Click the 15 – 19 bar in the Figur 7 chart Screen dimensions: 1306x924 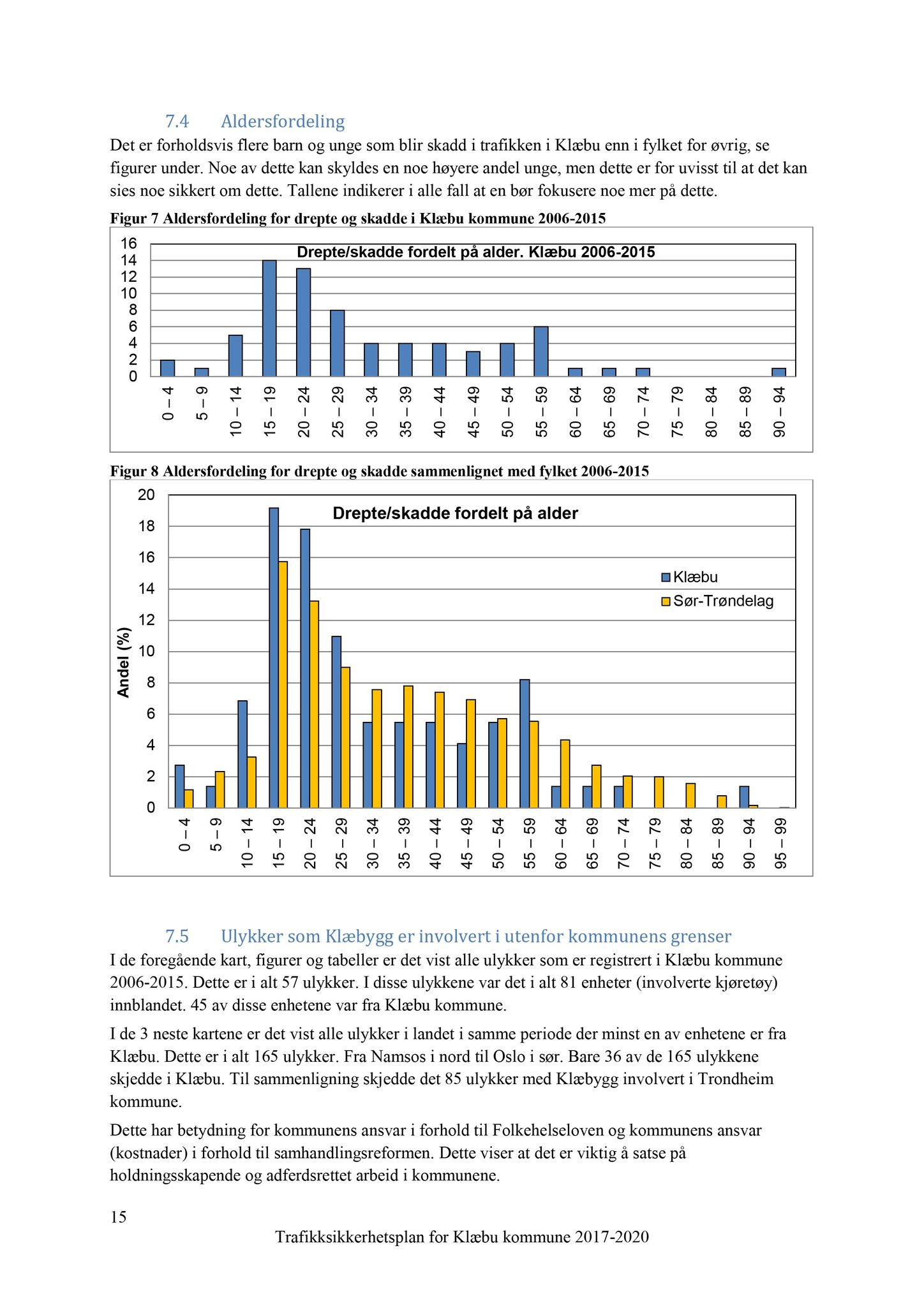(269, 318)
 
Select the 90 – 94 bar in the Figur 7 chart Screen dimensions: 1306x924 (779, 372)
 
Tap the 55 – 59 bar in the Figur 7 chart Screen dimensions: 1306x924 (541, 351)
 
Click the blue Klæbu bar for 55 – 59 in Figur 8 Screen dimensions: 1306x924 (525, 744)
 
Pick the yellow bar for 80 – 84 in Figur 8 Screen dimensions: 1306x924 (690, 795)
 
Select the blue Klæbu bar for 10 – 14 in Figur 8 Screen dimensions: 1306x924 (242, 754)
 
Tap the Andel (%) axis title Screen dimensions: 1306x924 (124, 662)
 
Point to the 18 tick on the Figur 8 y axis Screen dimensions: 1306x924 (147, 527)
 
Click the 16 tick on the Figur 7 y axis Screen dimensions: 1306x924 (129, 244)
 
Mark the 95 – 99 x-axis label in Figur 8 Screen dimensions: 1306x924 (780, 844)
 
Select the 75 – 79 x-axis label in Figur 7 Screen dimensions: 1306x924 (677, 413)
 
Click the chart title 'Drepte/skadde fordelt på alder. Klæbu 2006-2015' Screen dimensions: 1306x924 (475, 253)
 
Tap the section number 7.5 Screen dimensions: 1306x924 (177, 936)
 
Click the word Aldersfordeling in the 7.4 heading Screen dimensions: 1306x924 (283, 121)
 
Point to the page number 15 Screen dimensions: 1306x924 (118, 1217)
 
